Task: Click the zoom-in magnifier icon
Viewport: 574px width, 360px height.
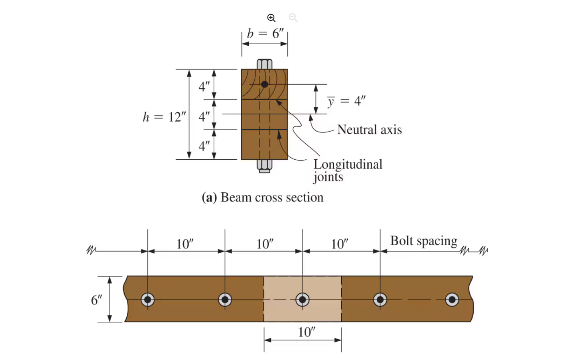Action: click(x=271, y=18)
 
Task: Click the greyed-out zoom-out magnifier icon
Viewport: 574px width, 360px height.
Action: click(x=293, y=18)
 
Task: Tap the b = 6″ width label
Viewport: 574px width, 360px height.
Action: click(x=265, y=34)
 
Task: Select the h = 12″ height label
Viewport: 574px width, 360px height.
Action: click(x=164, y=117)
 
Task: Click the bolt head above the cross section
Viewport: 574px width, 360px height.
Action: click(x=264, y=64)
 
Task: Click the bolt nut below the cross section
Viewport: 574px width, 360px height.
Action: click(x=264, y=166)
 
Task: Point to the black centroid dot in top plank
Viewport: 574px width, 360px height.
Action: click(x=264, y=84)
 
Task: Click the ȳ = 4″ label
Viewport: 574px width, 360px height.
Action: click(x=346, y=101)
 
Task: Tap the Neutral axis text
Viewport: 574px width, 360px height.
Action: click(x=369, y=130)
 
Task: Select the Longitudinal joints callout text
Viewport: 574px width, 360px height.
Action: click(x=347, y=170)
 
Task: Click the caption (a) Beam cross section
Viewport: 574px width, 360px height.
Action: click(x=262, y=197)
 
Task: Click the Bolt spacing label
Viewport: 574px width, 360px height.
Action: click(x=424, y=241)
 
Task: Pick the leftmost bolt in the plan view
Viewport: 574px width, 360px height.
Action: click(x=148, y=299)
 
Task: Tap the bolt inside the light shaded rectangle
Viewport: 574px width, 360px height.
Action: click(x=302, y=299)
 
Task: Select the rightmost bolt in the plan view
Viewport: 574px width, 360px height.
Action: click(x=452, y=299)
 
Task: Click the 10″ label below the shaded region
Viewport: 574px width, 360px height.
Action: click(x=306, y=332)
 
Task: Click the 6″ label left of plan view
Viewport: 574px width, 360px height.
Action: click(x=96, y=300)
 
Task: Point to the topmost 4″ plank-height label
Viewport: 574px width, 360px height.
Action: click(x=204, y=86)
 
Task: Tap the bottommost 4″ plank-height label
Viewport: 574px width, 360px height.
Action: click(x=204, y=146)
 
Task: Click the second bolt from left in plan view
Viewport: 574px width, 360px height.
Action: click(x=225, y=299)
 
